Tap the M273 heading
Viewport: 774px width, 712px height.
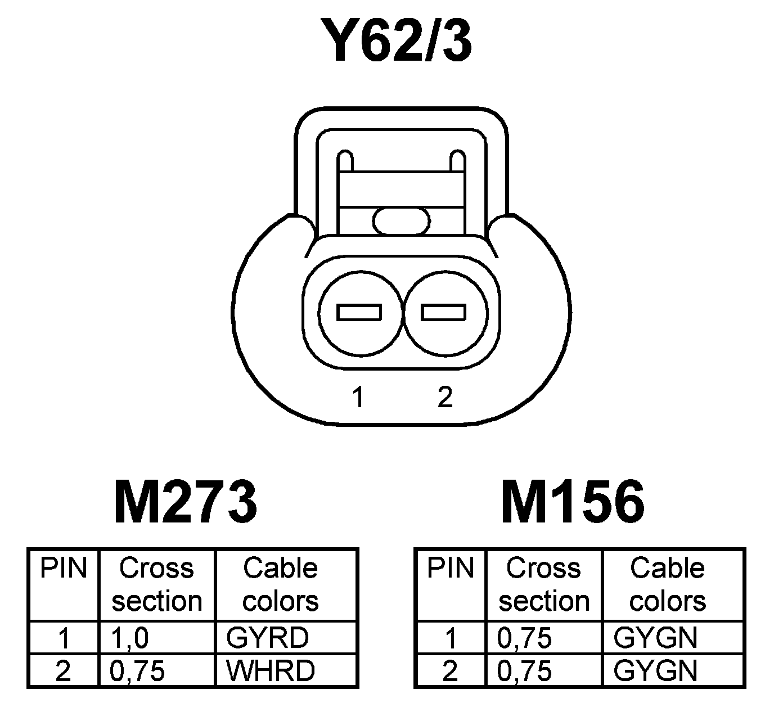pos(186,502)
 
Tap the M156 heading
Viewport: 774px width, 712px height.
pos(573,502)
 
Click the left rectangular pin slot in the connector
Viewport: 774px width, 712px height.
pos(359,312)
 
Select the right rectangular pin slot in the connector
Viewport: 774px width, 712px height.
pos(444,312)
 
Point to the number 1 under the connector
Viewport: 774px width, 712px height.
pos(358,397)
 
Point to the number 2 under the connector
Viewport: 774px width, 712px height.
pos(444,397)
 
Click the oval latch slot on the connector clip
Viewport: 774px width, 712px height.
pos(402,220)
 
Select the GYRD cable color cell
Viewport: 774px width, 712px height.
pos(268,638)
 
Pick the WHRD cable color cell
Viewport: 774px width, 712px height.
pos(270,670)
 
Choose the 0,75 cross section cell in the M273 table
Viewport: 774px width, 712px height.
pos(138,670)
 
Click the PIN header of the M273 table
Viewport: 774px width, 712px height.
pos(64,569)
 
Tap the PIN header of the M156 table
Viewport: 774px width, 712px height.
pos(451,569)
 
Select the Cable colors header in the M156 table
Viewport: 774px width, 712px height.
pos(667,585)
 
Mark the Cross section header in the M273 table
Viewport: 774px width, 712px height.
pos(156,585)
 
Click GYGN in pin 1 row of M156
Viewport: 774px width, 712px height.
pos(656,638)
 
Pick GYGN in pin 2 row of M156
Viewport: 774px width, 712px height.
pos(656,670)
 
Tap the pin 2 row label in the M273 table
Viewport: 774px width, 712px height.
pos(64,670)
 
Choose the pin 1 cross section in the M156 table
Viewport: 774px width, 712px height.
pos(525,638)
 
